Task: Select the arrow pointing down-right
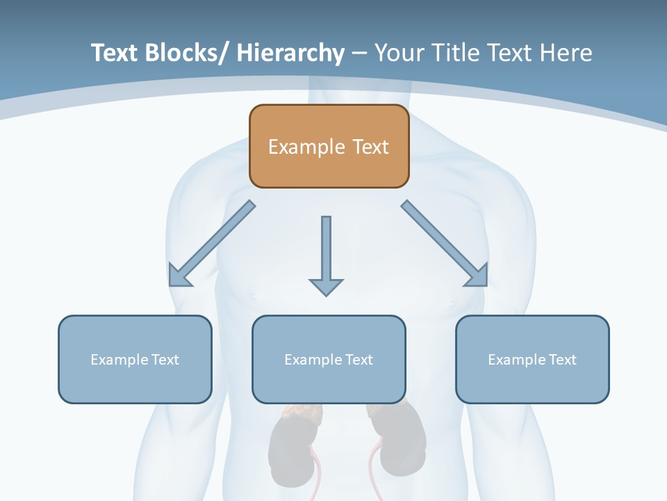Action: tap(445, 244)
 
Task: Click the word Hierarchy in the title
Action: tap(290, 54)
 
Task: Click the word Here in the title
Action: tap(566, 53)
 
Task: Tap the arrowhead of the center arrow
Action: tap(326, 286)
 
